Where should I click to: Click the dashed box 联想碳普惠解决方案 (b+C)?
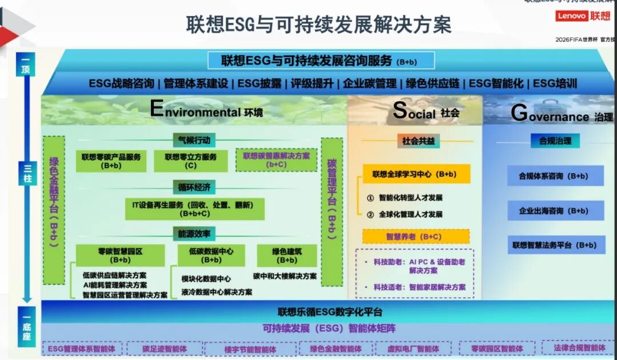pyautogui.click(x=277, y=160)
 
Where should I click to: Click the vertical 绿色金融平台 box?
pyautogui.click(x=54, y=210)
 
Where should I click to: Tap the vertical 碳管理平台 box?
pyautogui.click(x=332, y=211)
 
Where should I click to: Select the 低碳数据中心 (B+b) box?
pyautogui.click(x=211, y=255)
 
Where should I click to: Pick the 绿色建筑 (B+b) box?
pyautogui.click(x=287, y=255)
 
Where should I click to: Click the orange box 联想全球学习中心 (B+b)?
pyautogui.click(x=416, y=174)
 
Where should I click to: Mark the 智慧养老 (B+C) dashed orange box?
pyautogui.click(x=416, y=237)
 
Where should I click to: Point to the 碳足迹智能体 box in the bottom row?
pyautogui.click(x=165, y=348)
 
